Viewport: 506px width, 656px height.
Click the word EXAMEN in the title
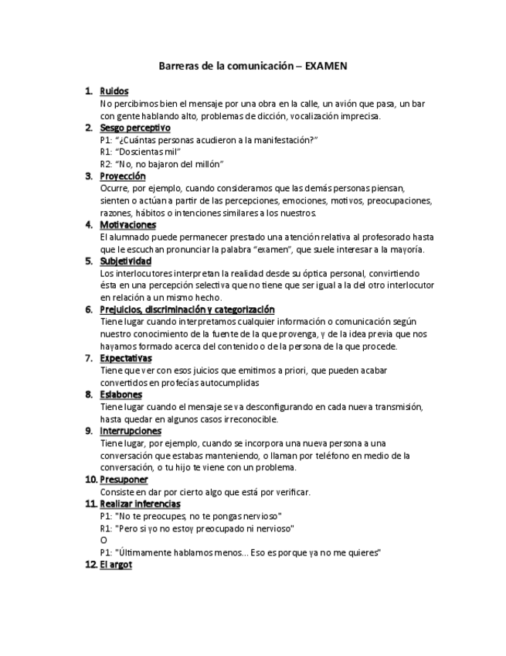(x=326, y=67)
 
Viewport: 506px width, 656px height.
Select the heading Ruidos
(x=114, y=91)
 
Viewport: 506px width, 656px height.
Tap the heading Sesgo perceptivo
(x=135, y=128)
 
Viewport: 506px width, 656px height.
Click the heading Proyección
(x=123, y=176)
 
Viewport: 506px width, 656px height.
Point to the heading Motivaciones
(x=127, y=225)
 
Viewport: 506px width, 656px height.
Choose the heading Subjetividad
(x=125, y=261)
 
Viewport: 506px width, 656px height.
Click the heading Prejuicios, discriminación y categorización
(x=187, y=309)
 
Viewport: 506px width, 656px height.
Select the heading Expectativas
(x=126, y=358)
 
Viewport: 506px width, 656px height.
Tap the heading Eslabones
(x=121, y=395)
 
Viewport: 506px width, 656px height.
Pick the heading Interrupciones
(x=131, y=431)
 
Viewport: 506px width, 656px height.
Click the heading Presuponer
(x=124, y=480)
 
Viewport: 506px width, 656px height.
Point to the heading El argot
(x=116, y=565)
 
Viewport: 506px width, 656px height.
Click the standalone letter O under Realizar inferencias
(x=104, y=540)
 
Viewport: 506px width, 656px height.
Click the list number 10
(x=90, y=480)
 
